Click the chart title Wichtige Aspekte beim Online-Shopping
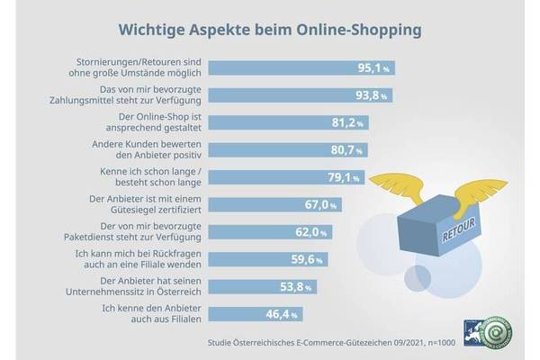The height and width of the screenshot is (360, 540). pos(270,29)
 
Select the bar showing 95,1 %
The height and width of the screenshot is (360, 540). pos(288,67)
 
